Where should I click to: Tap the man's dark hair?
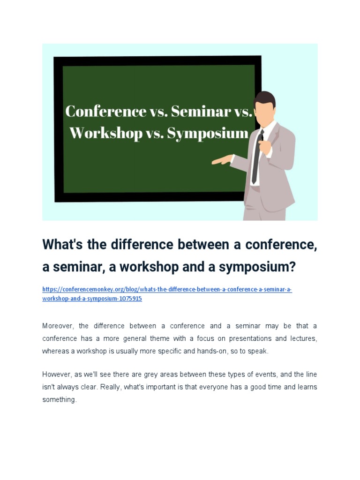(265, 98)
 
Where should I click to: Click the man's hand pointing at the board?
(221, 161)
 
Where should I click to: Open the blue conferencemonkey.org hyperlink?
(167, 294)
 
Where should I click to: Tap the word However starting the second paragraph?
(57, 375)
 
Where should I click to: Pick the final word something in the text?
(59, 400)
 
